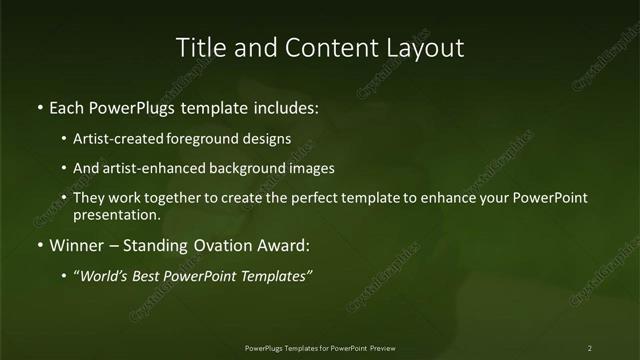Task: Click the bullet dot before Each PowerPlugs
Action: click(39, 106)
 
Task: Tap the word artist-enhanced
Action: click(151, 168)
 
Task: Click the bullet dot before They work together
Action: click(65, 198)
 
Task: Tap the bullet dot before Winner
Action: click(39, 244)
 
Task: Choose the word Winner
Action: click(75, 244)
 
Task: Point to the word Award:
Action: click(284, 244)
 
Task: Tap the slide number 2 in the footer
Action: click(590, 348)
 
